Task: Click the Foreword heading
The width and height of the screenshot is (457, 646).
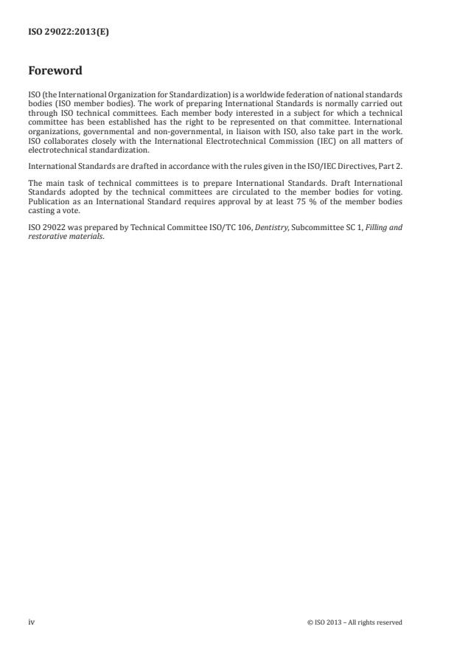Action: (x=55, y=71)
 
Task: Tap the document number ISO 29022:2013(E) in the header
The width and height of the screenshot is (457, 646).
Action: (x=69, y=32)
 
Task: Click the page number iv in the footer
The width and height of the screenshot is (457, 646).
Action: (x=31, y=622)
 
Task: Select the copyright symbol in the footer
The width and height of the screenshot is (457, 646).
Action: (x=310, y=622)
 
